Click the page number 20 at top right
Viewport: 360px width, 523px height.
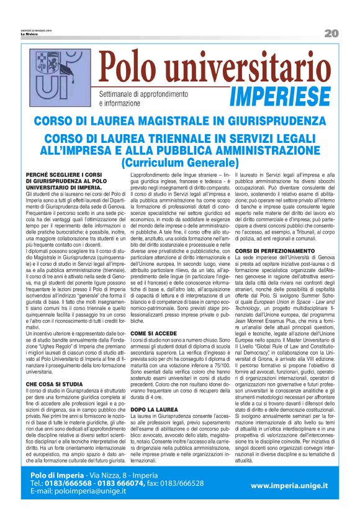331,32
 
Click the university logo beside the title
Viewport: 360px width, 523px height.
61,78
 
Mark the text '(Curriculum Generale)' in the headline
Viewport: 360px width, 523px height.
179,162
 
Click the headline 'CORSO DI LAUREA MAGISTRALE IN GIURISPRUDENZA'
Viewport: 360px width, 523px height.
180,121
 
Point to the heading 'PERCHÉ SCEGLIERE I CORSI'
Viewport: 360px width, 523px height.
66,176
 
